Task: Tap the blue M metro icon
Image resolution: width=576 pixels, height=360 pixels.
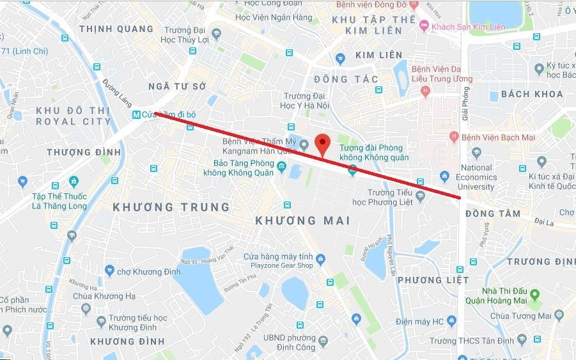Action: (136, 114)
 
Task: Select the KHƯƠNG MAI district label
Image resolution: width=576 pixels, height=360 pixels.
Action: (302, 221)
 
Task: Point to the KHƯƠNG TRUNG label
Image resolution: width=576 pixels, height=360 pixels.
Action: (171, 207)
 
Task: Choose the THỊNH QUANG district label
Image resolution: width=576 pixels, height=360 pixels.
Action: (116, 29)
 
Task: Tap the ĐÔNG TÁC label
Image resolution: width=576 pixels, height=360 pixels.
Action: (346, 79)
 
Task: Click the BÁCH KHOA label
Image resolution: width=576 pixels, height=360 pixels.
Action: (532, 94)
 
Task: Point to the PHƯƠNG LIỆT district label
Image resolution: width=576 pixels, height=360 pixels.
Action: (433, 280)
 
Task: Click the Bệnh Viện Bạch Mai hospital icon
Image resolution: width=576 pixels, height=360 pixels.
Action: (454, 137)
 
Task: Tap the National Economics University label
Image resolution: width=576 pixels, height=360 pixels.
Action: (477, 177)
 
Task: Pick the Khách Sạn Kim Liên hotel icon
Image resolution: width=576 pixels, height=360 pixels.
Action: (423, 26)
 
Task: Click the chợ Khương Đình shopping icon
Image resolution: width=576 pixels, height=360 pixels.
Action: (109, 270)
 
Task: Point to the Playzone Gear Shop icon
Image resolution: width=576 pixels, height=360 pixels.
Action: (320, 258)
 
